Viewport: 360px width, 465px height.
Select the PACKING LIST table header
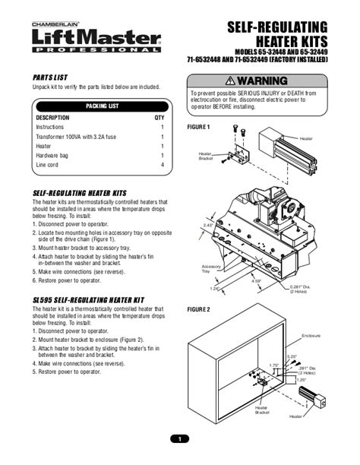(102, 106)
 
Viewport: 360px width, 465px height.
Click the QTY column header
(159, 118)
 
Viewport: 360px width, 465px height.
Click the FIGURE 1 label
(198, 127)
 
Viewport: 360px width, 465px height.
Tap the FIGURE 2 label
(198, 310)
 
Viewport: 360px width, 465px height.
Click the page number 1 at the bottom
(180, 438)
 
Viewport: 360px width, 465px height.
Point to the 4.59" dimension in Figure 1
(257, 282)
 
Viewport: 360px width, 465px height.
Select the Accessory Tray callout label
(210, 269)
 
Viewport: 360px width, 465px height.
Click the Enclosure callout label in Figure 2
(311, 335)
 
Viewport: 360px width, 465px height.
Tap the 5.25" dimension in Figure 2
(292, 356)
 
